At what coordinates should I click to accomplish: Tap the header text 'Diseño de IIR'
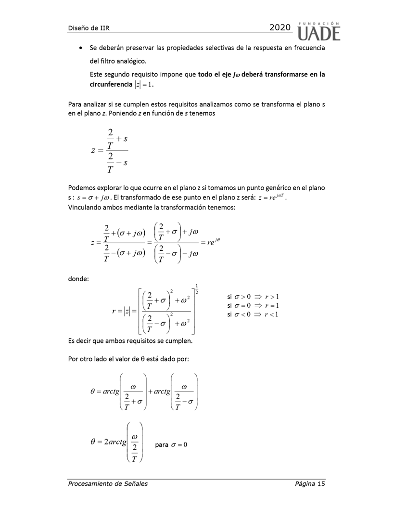pos(89,28)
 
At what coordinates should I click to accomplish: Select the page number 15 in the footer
pos(321,483)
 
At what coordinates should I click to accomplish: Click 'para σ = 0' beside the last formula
pos(171,444)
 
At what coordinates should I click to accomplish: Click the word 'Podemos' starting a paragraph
pos(83,188)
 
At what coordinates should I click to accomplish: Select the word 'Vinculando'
pos(86,208)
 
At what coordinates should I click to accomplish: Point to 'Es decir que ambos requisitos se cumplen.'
pos(133,341)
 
